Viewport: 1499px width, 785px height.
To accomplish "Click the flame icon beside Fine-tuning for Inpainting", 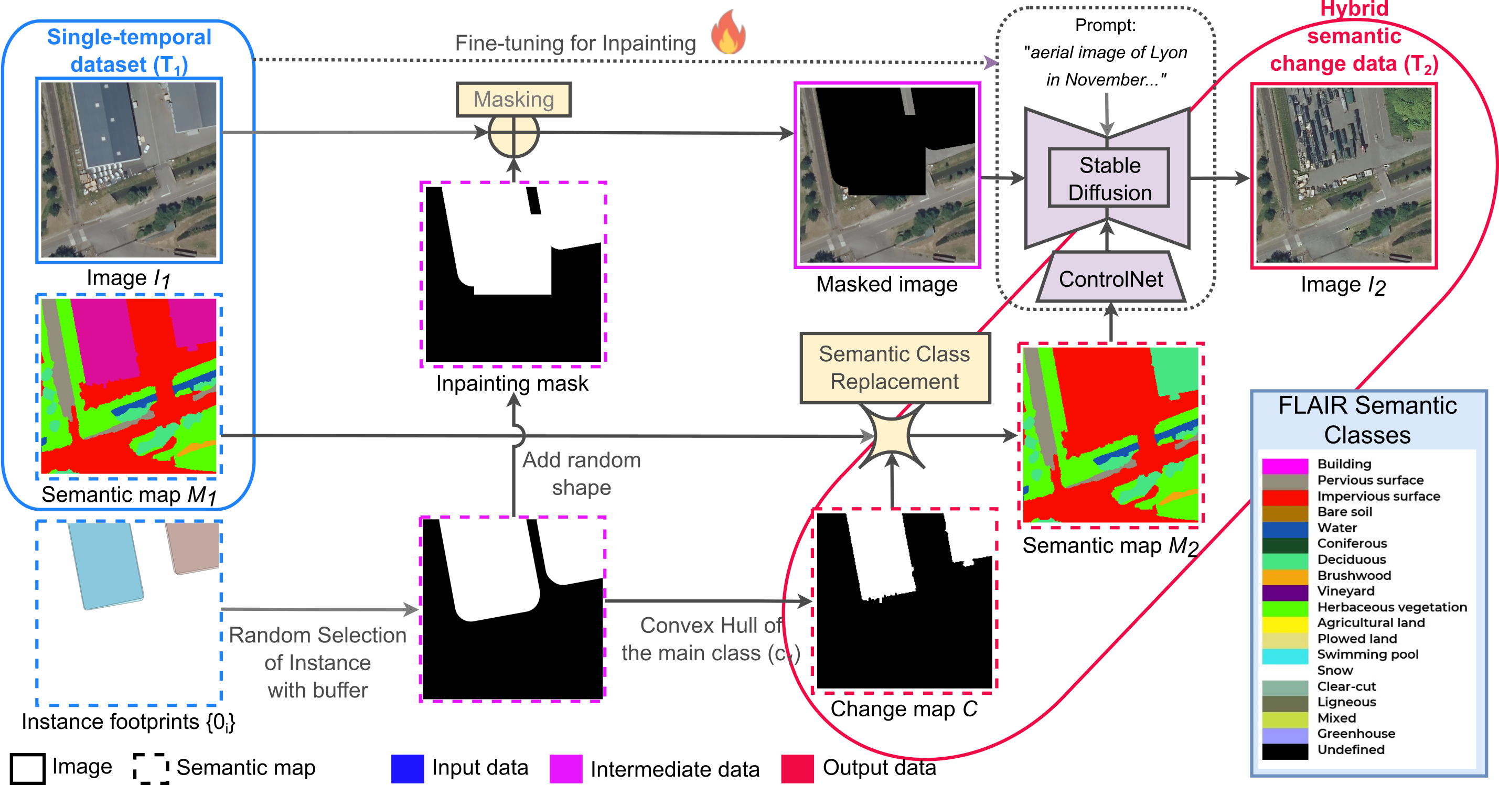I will tap(727, 33).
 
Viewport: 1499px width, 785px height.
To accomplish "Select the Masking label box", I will tap(513, 100).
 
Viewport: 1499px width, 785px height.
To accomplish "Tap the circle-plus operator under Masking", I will tap(513, 134).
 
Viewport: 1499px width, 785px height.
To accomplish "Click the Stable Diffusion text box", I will tap(1109, 178).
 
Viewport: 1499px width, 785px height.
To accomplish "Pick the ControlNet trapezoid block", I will tap(1110, 279).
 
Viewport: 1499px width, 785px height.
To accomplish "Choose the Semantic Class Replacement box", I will tap(894, 368).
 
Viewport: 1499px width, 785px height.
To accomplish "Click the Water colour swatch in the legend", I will tap(1285, 529).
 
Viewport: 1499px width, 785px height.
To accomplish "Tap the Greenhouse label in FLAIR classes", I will tap(1356, 734).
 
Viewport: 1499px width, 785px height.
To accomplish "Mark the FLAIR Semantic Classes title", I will tap(1367, 420).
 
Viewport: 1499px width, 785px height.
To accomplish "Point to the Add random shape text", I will tap(581, 474).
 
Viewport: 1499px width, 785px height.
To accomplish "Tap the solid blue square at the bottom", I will tap(408, 769).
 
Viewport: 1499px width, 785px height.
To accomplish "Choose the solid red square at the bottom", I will tap(797, 769).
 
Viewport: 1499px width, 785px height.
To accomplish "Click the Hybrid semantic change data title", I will tap(1354, 37).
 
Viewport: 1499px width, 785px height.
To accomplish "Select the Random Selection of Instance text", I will tap(317, 662).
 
